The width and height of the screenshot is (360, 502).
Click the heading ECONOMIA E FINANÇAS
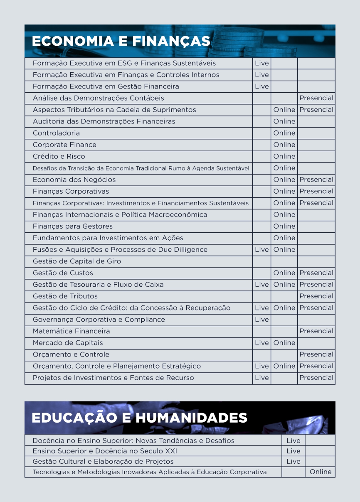coord(121,42)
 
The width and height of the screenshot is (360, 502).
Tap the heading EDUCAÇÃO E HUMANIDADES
coord(139,418)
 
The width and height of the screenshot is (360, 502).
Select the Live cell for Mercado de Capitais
coord(261,343)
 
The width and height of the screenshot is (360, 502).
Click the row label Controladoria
coord(56,133)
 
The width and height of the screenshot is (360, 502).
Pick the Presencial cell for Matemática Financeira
coord(316,331)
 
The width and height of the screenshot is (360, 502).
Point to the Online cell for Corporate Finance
coord(284,145)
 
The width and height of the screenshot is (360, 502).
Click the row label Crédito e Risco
coord(59,156)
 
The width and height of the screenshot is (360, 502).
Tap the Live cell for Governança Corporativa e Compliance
coord(261,320)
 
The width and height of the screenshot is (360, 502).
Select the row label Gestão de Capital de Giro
coord(77,261)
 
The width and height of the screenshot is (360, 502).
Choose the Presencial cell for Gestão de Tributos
coord(316,296)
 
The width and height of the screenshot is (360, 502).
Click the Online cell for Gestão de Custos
coord(284,273)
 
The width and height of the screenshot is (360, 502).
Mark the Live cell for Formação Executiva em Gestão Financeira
coord(261,86)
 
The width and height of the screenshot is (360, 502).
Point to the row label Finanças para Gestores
coord(73,226)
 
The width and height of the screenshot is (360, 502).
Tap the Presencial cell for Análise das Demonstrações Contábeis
coord(316,98)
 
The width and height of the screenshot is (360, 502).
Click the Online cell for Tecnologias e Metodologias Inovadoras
coord(321,472)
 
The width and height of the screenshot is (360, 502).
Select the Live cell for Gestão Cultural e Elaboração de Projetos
coord(293,461)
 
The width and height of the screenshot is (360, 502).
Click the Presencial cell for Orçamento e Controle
coord(316,354)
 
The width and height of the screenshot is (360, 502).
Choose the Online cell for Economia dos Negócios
coord(284,180)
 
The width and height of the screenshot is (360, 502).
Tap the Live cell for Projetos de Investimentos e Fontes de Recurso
coord(261,378)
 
